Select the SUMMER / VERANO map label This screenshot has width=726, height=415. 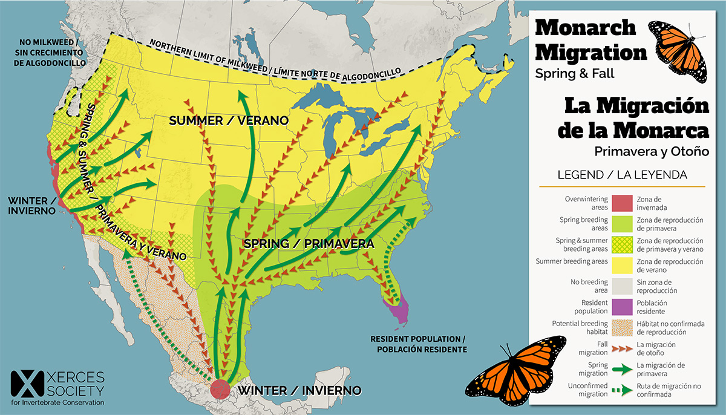pos(228,120)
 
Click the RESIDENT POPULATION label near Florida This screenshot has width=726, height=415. pos(419,344)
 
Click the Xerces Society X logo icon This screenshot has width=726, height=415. pos(22,384)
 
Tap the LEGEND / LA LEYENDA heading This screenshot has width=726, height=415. pos(622,175)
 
